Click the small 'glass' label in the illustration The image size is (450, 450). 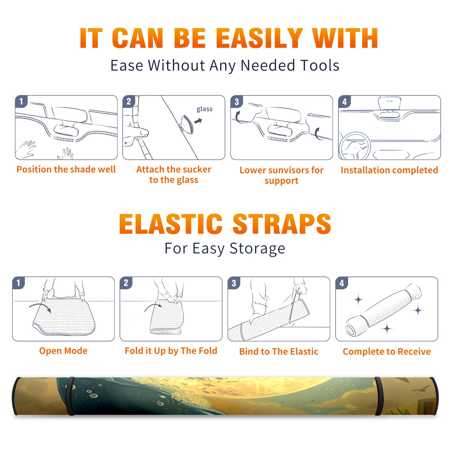[x=204, y=109]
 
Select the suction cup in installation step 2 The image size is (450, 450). [x=187, y=124]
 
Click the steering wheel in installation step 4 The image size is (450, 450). [x=355, y=146]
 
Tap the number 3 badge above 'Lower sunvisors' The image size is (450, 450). [x=237, y=102]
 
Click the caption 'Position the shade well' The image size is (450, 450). [x=66, y=169]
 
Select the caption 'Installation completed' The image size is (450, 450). [x=389, y=170]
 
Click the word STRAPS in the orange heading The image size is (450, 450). [x=282, y=224]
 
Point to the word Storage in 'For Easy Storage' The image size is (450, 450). [x=257, y=249]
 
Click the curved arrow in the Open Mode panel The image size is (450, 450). [x=40, y=307]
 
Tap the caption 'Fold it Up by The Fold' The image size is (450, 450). [x=171, y=351]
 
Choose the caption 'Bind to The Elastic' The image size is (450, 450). [x=279, y=352]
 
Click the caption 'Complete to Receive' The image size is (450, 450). [x=387, y=352]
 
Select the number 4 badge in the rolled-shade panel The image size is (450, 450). [x=342, y=283]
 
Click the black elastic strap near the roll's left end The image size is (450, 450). [x=71, y=396]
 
